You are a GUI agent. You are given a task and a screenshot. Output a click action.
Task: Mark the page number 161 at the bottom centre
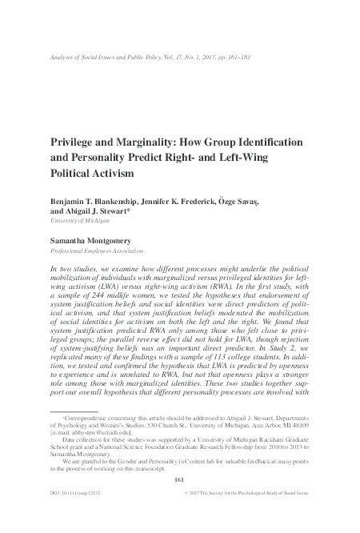click(x=179, y=500)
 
